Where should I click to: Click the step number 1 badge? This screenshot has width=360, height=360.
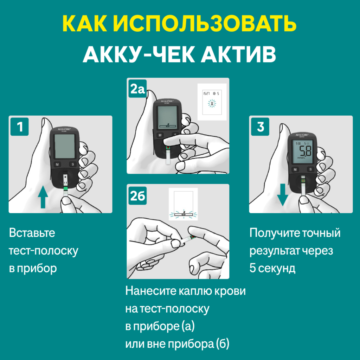[x=20, y=127]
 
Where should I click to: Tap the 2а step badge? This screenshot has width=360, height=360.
[x=138, y=89]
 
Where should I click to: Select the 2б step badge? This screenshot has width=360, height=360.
[x=138, y=195]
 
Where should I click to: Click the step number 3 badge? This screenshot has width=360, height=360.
[x=260, y=127]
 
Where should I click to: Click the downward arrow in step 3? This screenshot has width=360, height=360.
[x=282, y=195]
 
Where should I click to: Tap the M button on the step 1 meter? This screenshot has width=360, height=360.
[x=57, y=165]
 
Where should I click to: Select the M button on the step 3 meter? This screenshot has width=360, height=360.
[x=295, y=170]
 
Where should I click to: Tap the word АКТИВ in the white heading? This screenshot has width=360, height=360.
[x=238, y=54]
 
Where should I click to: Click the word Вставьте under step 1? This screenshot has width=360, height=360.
[x=32, y=233]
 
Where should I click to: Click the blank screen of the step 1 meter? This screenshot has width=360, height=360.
[x=65, y=146]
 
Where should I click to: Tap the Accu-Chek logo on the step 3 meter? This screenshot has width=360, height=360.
[x=302, y=135]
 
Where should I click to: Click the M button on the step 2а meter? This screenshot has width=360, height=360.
[x=160, y=135]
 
